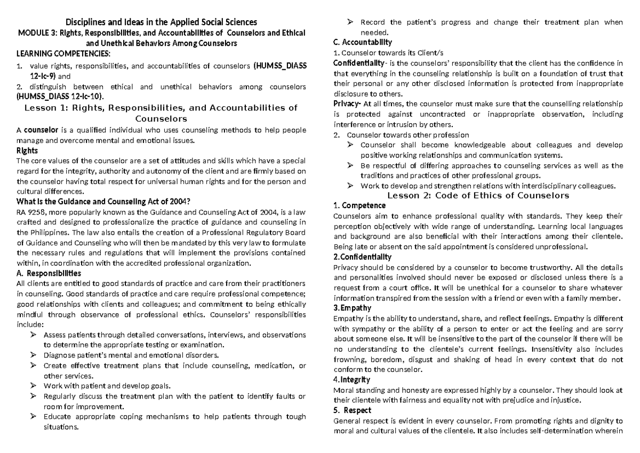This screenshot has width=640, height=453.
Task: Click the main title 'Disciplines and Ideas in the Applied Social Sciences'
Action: pos(161,22)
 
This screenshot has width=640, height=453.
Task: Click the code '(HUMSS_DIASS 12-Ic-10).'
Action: pos(60,96)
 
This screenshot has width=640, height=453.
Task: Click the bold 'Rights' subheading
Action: pos(27,150)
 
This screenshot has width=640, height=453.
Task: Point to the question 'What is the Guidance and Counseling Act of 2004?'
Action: pos(104,201)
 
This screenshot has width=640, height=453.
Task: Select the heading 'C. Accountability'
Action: pos(362,42)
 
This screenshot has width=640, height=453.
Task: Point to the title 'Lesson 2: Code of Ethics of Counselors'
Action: pos(478,195)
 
